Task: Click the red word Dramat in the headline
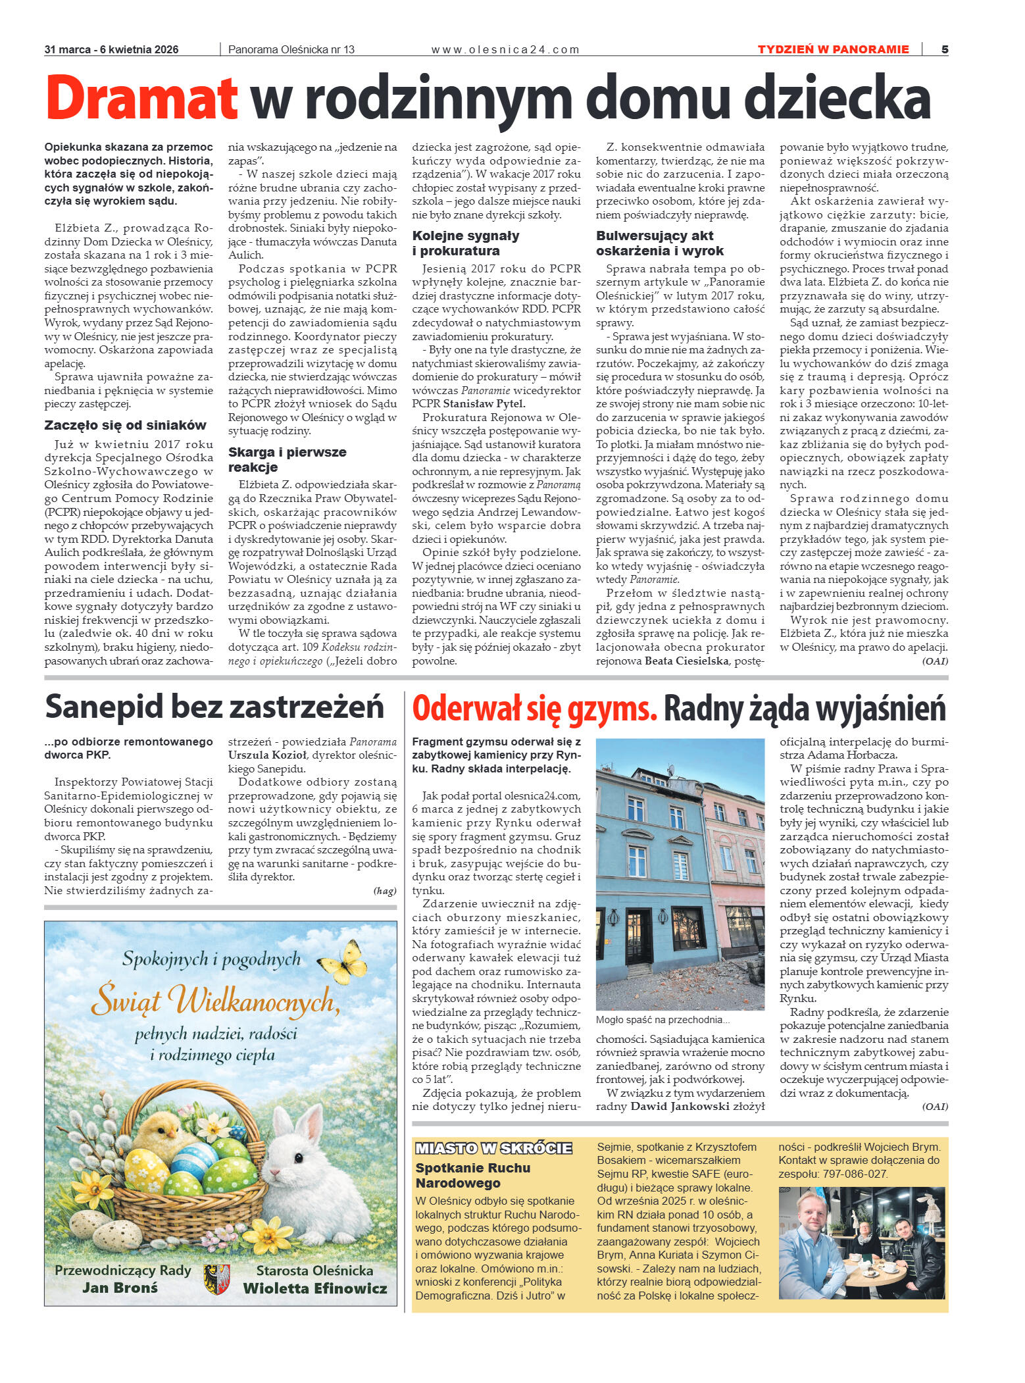pos(141,99)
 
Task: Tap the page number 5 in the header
pos(945,49)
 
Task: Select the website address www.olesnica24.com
pos(505,49)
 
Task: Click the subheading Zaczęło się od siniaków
pos(125,425)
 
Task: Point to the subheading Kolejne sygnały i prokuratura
pos(466,243)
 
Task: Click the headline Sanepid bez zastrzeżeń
pos(214,707)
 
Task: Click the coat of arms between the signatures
pos(216,1279)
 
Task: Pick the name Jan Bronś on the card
pos(120,1288)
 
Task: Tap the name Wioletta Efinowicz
pos(314,1288)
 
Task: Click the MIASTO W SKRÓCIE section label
pos(493,1149)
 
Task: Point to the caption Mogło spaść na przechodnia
pos(662,1020)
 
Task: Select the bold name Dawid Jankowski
pos(680,1107)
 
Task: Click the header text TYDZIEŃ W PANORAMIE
pos(833,49)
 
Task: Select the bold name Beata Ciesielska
pos(686,661)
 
